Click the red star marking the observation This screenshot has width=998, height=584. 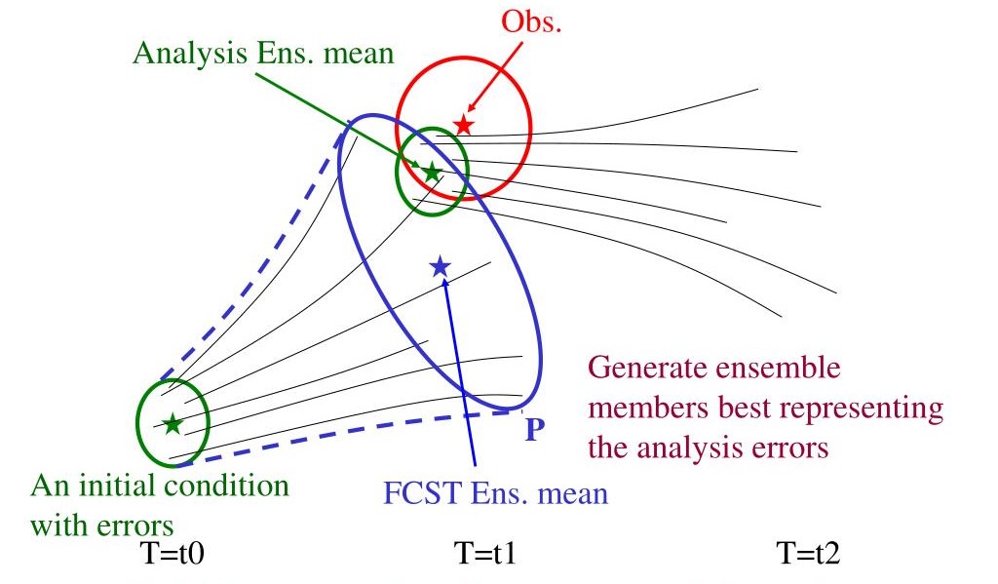(x=463, y=124)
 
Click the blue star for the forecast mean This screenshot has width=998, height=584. (x=440, y=265)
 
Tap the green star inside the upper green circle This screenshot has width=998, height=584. (x=431, y=171)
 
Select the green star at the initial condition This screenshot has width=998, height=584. (x=172, y=423)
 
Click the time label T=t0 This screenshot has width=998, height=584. (x=172, y=555)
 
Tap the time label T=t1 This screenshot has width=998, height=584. (x=485, y=555)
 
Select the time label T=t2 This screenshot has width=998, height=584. (x=808, y=555)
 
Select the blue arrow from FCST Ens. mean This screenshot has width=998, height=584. (x=458, y=370)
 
